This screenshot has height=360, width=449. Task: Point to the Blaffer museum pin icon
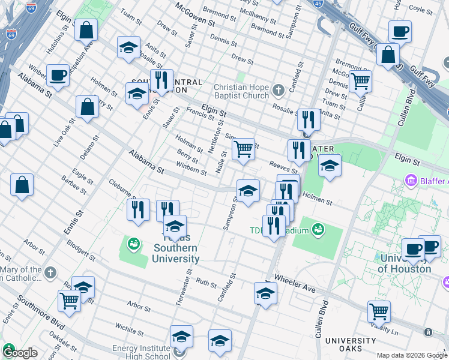click(411, 180)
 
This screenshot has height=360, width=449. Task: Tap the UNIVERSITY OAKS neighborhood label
click(351, 344)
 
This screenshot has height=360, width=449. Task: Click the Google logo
click(20, 353)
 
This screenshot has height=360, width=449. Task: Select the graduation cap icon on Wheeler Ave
click(265, 293)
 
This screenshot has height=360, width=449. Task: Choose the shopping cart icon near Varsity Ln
click(379, 311)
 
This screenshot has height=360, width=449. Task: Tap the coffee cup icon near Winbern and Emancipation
click(58, 74)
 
